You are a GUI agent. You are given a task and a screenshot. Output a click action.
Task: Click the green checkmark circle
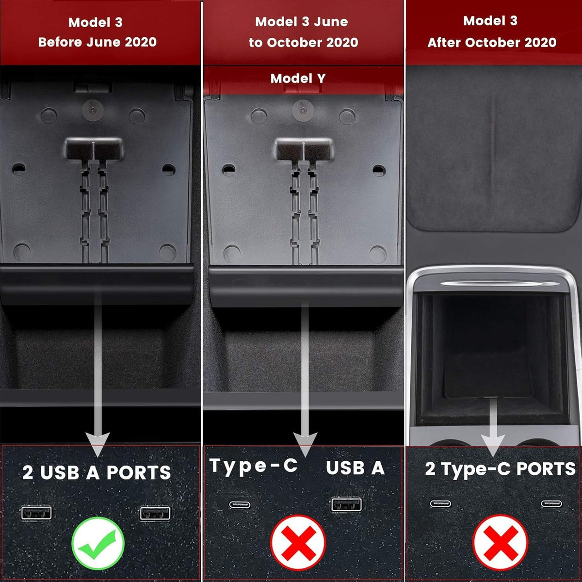pyautogui.click(x=98, y=543)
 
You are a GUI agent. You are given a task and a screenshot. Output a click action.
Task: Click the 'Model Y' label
pyautogui.click(x=298, y=79)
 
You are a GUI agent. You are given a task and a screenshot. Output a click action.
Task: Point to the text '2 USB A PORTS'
pyautogui.click(x=97, y=472)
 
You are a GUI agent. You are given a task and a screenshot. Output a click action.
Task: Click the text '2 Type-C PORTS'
pyautogui.click(x=500, y=469)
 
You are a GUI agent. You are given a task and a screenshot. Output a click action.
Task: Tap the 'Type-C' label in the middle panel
pyautogui.click(x=254, y=466)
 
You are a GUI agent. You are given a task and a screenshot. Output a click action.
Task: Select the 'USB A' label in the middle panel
pyautogui.click(x=355, y=468)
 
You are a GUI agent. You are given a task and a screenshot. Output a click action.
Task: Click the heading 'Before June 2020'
pyautogui.click(x=97, y=42)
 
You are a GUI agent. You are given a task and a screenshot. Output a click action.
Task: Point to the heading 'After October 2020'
pyautogui.click(x=492, y=42)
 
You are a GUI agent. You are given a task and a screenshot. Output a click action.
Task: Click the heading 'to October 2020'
pyautogui.click(x=303, y=43)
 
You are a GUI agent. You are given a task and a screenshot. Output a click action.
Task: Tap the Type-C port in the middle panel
pyautogui.click(x=240, y=505)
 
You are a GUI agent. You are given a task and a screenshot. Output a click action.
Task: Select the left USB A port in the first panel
pyautogui.click(x=36, y=513)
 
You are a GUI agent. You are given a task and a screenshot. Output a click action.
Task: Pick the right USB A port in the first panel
pyautogui.click(x=155, y=514)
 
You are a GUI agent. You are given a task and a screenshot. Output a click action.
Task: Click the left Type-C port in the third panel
pyautogui.click(x=441, y=503)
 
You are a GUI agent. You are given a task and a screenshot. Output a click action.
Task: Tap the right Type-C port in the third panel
pyautogui.click(x=551, y=503)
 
